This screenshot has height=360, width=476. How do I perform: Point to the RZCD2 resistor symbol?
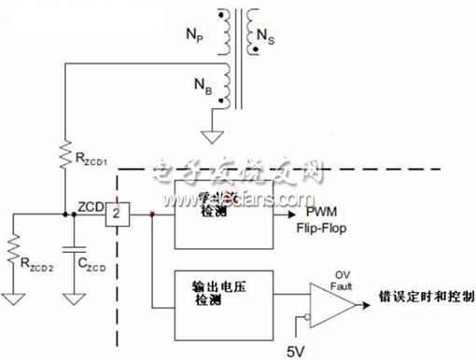point(12,249)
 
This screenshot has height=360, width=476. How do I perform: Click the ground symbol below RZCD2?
point(12,298)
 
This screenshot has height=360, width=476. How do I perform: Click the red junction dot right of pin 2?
point(152,214)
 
